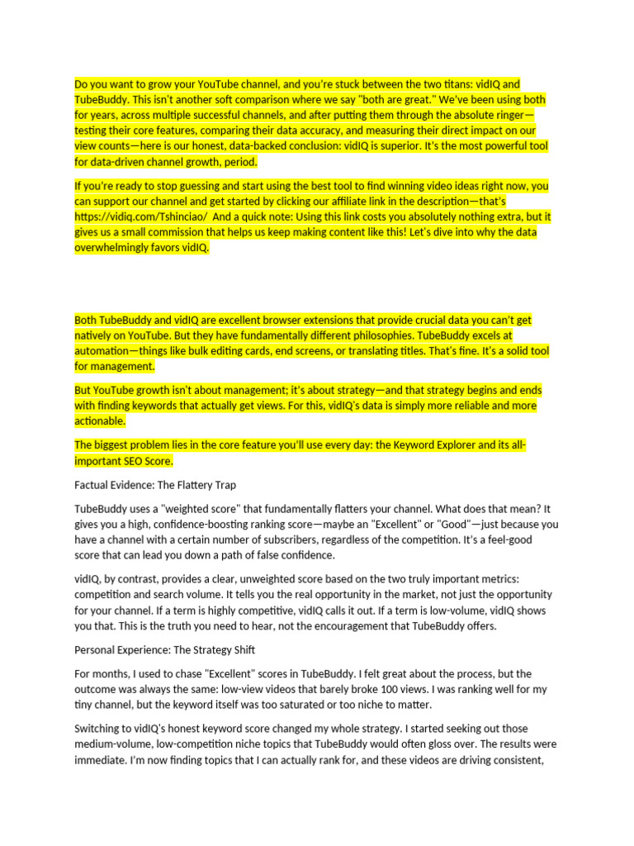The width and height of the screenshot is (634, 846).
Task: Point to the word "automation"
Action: (106, 351)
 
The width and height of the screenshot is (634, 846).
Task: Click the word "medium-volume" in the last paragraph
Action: (111, 744)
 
